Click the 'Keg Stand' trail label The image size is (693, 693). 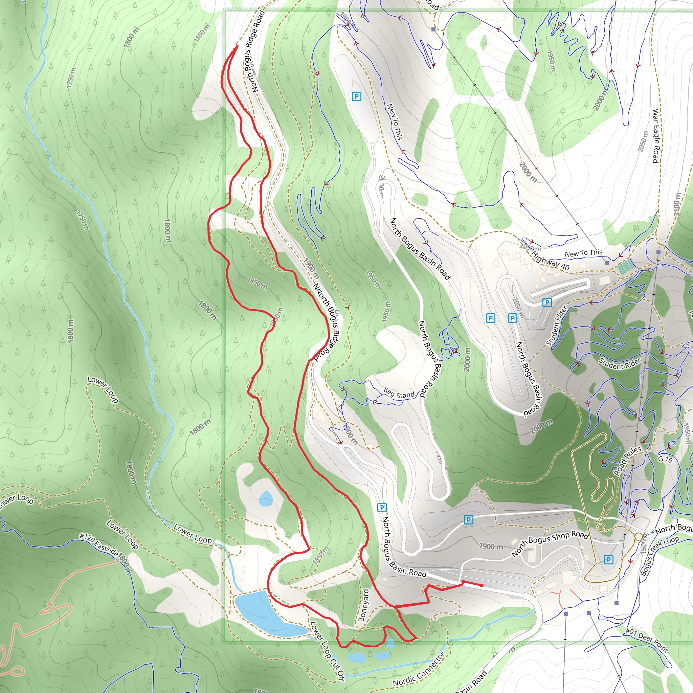(x=399, y=394)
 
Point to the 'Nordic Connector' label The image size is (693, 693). (x=419, y=669)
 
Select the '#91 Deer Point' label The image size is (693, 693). (x=647, y=641)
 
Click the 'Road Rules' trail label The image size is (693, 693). (x=627, y=461)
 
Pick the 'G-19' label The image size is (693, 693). (x=665, y=459)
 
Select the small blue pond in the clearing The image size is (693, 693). (x=265, y=498)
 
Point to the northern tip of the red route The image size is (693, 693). (x=238, y=46)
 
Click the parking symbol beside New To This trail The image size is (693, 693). (x=356, y=96)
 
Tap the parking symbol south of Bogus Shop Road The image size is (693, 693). (x=608, y=559)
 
